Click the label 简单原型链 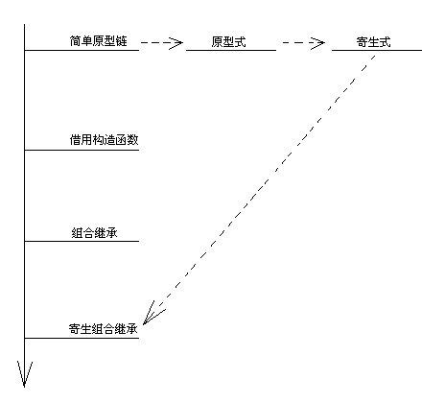(x=99, y=41)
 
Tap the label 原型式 (x=228, y=42)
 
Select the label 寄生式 (x=373, y=42)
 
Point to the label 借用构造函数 (x=104, y=140)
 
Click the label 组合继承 (x=94, y=232)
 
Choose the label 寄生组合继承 (x=103, y=329)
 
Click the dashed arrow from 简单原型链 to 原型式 (x=162, y=42)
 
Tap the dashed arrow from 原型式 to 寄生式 (x=304, y=42)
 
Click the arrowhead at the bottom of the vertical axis (x=24, y=374)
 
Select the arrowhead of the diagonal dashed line (x=152, y=315)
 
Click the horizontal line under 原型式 (x=231, y=50)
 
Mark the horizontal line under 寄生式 (x=377, y=50)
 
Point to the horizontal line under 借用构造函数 (x=82, y=150)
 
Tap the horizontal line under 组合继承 (x=82, y=241)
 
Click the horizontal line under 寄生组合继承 (x=82, y=338)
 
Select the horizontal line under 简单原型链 (x=82, y=50)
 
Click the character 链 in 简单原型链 (x=122, y=41)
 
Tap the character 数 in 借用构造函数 (x=133, y=140)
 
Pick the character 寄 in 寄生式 (x=362, y=42)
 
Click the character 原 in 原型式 (x=217, y=42)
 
